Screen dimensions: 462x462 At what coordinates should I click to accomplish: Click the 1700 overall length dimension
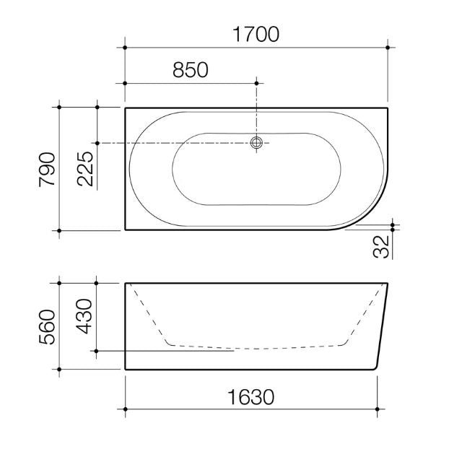[256, 34]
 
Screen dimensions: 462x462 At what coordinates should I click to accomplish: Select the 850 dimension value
[191, 69]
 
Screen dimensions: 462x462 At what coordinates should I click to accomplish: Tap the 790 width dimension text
[47, 170]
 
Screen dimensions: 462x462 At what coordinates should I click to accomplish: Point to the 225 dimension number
[84, 170]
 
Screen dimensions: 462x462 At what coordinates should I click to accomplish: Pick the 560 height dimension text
[47, 326]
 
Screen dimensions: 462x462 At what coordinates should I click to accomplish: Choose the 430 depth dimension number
[84, 315]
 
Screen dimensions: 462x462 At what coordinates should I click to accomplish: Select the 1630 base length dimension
[252, 396]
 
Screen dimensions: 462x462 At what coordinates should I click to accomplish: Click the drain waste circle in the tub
[256, 143]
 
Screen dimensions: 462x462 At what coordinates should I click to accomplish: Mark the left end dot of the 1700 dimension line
[126, 48]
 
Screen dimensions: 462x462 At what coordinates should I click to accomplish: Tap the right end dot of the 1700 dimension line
[388, 48]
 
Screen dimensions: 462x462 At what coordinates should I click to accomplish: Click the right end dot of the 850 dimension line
[256, 82]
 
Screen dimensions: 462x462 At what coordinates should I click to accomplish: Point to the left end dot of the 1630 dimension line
[126, 409]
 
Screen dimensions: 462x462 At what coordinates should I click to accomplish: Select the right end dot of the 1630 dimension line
[377, 409]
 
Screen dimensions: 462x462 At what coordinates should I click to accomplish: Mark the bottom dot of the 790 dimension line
[59, 230]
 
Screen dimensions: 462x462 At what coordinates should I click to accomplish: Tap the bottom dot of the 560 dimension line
[59, 369]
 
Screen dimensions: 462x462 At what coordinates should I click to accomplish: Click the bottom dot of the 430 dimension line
[97, 352]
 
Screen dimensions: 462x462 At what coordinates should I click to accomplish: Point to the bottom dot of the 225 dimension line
[97, 143]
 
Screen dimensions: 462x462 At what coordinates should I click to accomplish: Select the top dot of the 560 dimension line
[59, 283]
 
